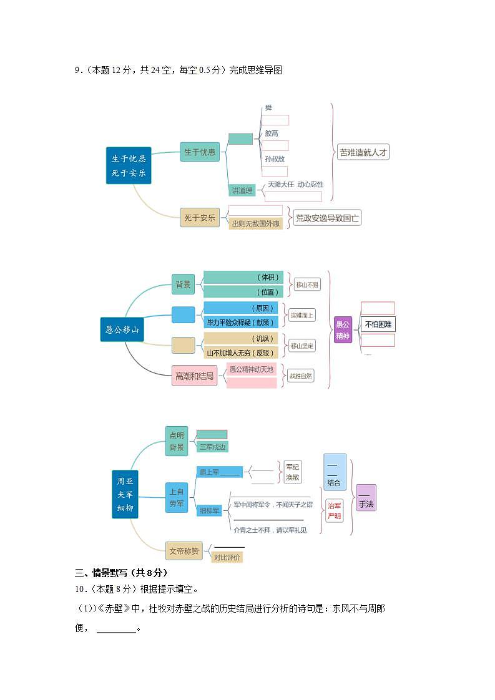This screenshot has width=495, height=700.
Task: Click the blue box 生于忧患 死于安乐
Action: (x=129, y=165)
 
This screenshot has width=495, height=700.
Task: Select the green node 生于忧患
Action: (x=200, y=152)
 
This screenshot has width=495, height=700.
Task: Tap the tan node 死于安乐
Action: (x=200, y=218)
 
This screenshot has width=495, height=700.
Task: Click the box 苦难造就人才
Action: (x=363, y=152)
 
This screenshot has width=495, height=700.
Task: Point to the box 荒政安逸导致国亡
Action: (x=328, y=218)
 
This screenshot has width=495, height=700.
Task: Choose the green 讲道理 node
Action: (x=242, y=190)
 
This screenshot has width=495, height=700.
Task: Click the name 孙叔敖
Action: (x=275, y=159)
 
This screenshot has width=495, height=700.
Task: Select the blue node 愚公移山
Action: (x=122, y=329)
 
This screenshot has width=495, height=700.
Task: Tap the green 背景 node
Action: (x=184, y=284)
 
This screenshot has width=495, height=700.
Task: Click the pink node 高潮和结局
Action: (x=194, y=376)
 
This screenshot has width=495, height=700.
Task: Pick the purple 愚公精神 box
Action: (x=343, y=329)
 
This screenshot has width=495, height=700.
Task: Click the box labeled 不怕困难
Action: (x=378, y=324)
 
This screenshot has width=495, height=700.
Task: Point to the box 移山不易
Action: (x=307, y=284)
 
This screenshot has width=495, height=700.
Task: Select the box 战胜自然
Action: (x=301, y=376)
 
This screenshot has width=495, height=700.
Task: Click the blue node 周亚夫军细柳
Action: (x=125, y=495)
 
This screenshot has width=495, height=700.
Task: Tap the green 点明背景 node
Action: (x=177, y=441)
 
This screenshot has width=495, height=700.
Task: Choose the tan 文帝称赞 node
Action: (x=184, y=550)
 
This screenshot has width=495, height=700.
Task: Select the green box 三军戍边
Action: (x=212, y=447)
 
